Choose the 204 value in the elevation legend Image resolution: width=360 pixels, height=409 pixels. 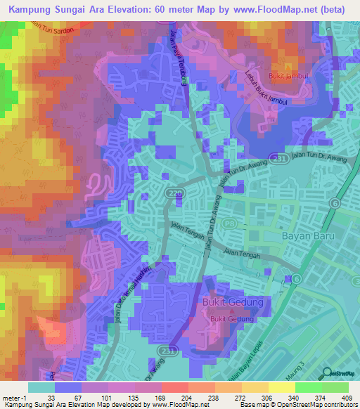coord(167,396)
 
